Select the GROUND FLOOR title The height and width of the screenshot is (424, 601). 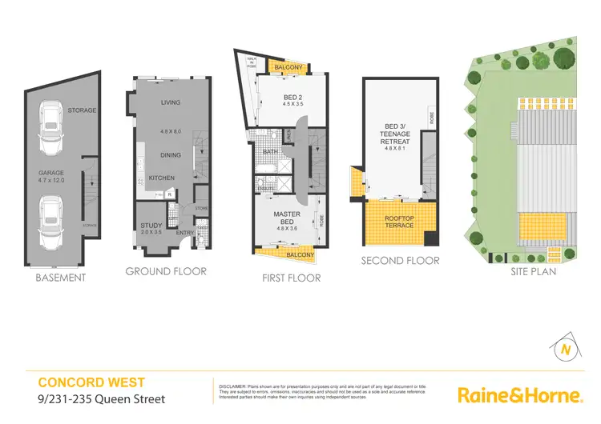(x=166, y=271)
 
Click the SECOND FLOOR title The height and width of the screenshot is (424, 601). (x=400, y=260)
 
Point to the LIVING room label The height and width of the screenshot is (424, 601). (x=170, y=102)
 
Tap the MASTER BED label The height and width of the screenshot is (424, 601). (x=286, y=214)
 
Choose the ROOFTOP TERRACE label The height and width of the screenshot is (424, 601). (x=398, y=222)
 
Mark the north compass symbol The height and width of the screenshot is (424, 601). (x=566, y=349)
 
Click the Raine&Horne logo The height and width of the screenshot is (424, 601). (x=518, y=394)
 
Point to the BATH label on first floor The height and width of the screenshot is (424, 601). (x=268, y=150)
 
